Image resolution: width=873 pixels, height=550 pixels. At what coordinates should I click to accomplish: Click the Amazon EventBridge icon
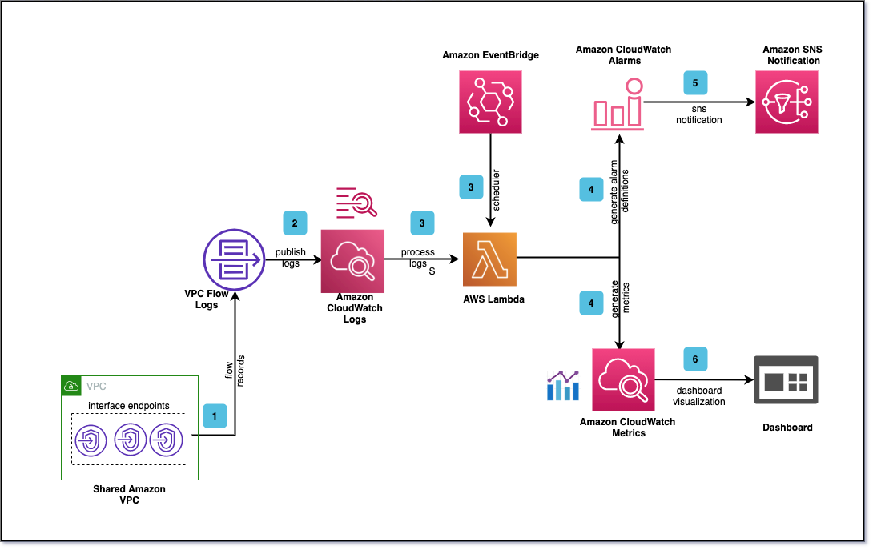(x=489, y=102)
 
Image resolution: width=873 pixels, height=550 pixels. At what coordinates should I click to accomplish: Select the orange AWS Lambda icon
(x=489, y=259)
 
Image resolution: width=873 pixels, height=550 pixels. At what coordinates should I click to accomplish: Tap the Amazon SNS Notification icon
(x=786, y=102)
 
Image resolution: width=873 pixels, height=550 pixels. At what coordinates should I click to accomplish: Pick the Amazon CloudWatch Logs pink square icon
(x=353, y=261)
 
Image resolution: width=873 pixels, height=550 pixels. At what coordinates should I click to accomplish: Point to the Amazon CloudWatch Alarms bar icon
(x=618, y=104)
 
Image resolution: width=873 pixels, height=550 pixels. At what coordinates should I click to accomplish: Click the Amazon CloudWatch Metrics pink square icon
(x=623, y=379)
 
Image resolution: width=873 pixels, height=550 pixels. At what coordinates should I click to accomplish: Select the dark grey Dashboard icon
(x=786, y=379)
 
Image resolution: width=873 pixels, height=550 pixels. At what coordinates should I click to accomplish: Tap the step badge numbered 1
(x=215, y=416)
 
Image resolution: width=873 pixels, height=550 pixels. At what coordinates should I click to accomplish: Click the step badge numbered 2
(x=295, y=223)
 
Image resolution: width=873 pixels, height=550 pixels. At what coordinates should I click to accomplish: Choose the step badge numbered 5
(x=695, y=82)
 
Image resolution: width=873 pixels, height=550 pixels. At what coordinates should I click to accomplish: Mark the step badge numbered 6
(x=695, y=359)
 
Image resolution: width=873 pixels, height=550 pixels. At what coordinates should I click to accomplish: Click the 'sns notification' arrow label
(x=698, y=114)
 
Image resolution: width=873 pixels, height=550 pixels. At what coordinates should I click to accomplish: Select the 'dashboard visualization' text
(x=698, y=396)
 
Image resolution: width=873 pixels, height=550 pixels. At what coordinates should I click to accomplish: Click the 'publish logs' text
(x=290, y=257)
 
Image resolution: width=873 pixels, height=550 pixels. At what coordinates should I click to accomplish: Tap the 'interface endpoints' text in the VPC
(x=129, y=405)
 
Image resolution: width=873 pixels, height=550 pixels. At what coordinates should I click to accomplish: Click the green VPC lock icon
(x=71, y=386)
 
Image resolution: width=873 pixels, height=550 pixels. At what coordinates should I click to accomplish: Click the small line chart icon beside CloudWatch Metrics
(x=562, y=385)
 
